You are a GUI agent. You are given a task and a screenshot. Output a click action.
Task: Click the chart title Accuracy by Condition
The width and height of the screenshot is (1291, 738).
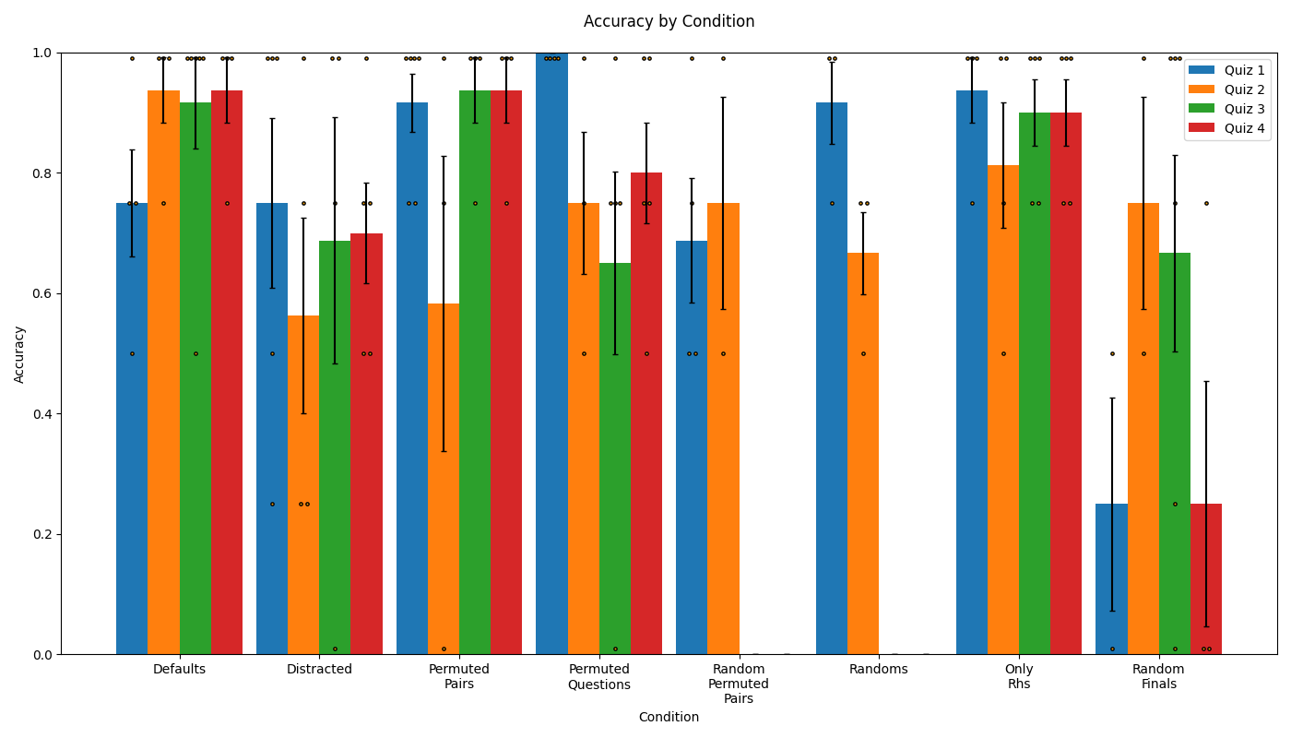(669, 21)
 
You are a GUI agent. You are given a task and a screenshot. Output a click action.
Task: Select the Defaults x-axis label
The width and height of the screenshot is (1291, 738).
(179, 669)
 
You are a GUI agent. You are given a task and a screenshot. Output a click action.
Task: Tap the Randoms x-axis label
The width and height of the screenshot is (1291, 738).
(878, 669)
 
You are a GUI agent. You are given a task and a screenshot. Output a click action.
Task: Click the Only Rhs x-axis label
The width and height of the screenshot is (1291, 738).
(1018, 676)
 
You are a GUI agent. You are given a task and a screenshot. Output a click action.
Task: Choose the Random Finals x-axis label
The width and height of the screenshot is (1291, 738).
(1158, 676)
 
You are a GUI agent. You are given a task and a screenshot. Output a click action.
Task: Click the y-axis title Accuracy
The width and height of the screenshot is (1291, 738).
(19, 353)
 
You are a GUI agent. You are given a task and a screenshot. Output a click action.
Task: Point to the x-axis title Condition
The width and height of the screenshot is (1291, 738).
(669, 717)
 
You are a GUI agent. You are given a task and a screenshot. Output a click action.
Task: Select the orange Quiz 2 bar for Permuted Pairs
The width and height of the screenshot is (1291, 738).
(444, 480)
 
